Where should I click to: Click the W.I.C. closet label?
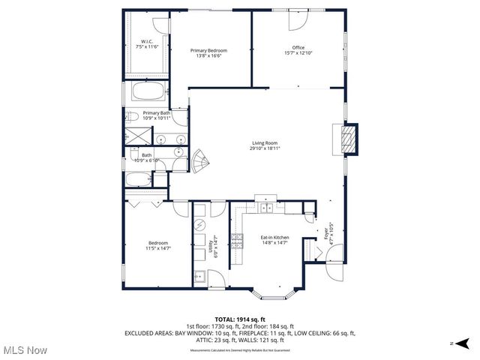[x=148, y=43]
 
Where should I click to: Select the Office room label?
[x=298, y=50]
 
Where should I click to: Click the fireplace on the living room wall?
[x=347, y=139]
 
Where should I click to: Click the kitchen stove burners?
[x=236, y=241]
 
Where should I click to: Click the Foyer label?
[x=328, y=232]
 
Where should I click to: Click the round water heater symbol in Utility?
[x=200, y=225]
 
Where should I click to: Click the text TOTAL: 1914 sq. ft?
[x=239, y=319]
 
